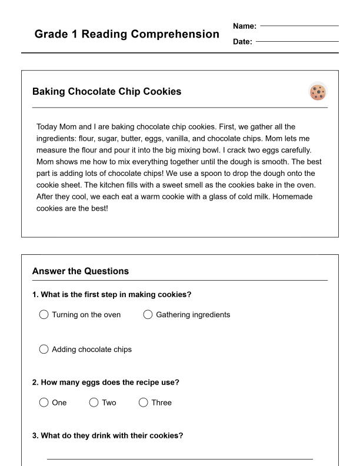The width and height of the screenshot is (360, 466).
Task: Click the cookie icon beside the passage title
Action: tap(318, 92)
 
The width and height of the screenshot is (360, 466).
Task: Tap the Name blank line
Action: tap(299, 26)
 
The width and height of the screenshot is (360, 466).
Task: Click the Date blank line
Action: tap(297, 42)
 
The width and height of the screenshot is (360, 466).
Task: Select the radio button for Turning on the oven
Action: tap(44, 315)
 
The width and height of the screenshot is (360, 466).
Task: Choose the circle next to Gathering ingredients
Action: tap(148, 315)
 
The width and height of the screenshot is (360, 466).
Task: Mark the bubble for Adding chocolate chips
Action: tap(44, 349)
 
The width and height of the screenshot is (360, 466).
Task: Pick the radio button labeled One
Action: tap(44, 402)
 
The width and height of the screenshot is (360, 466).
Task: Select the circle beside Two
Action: tap(94, 402)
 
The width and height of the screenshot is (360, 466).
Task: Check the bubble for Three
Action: tap(143, 402)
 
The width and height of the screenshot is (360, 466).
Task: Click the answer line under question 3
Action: tap(179, 458)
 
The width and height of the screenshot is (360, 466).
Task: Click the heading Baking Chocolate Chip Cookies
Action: tap(106, 92)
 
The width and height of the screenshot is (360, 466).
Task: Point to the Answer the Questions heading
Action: tap(80, 271)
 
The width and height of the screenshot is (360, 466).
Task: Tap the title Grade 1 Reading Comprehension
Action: tap(126, 34)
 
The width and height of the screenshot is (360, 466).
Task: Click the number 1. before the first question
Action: tap(35, 295)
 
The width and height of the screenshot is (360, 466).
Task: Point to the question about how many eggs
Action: tap(106, 382)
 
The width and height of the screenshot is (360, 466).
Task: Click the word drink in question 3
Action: tap(101, 436)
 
